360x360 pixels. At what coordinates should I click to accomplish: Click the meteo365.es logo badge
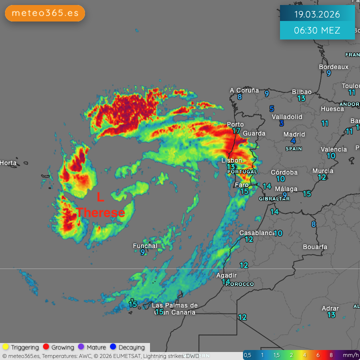(45, 13)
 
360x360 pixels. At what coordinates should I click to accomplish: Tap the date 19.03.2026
(317, 14)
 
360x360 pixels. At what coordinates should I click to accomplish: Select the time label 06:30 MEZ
(317, 30)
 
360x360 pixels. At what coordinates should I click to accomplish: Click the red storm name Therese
(100, 212)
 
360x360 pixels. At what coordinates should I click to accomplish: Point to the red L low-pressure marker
(100, 197)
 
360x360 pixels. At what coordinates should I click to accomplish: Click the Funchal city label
(145, 245)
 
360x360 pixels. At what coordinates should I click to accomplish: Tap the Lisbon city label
(232, 160)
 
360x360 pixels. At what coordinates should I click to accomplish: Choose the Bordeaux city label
(333, 67)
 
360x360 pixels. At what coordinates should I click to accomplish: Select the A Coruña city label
(244, 90)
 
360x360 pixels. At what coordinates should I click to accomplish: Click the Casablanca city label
(257, 233)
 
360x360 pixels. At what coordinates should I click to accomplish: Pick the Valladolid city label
(287, 116)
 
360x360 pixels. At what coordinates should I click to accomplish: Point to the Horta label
(8, 163)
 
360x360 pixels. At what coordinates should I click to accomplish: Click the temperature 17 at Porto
(236, 131)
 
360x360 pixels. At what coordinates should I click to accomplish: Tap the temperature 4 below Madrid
(293, 141)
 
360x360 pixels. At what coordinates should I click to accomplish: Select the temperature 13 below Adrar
(331, 315)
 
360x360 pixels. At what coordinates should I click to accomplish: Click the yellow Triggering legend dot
(6, 347)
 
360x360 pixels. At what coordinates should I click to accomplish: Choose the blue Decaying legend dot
(113, 347)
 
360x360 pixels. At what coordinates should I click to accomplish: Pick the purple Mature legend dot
(81, 347)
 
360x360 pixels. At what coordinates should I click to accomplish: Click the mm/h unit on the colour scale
(349, 355)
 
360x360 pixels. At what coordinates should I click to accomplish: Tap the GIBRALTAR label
(274, 198)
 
